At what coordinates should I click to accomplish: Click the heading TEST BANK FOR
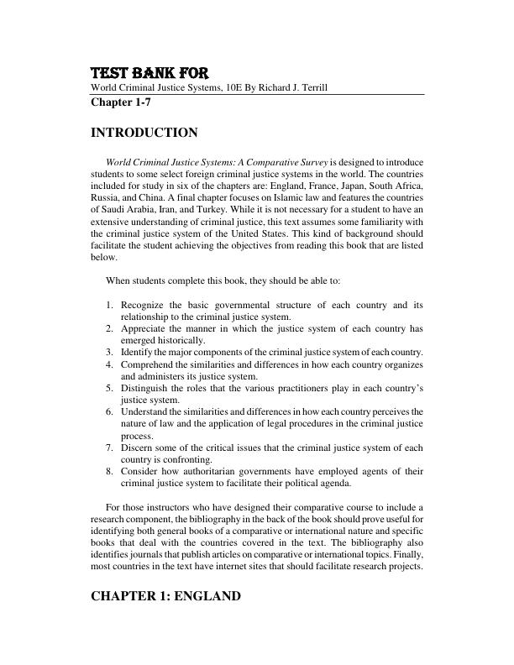point(150,73)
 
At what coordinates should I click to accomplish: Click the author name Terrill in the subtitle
point(305,88)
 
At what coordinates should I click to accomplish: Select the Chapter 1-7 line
point(121,103)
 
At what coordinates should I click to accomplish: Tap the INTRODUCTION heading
point(144,133)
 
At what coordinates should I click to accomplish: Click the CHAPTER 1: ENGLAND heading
point(166,596)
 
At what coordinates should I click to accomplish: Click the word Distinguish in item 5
point(147,389)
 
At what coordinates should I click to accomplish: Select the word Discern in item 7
point(139,448)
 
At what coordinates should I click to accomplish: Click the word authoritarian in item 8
point(209,471)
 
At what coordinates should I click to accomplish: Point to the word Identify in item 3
point(138,353)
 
